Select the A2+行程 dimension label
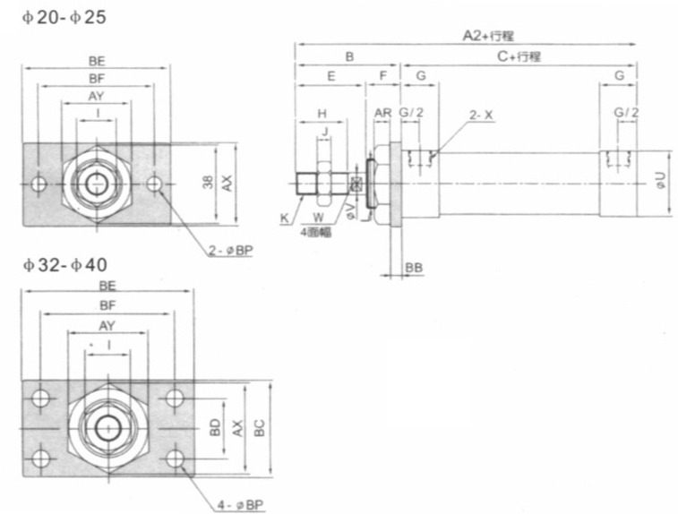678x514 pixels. pyautogui.click(x=487, y=35)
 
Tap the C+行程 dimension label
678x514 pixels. pyautogui.click(x=519, y=56)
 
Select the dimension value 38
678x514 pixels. pyautogui.click(x=207, y=183)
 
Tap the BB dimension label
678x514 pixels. pyautogui.click(x=414, y=268)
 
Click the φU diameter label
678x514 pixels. pyautogui.click(x=660, y=184)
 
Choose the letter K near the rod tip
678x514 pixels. pyautogui.click(x=284, y=218)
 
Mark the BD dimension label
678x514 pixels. pyautogui.click(x=215, y=428)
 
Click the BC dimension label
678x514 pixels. pyautogui.click(x=259, y=428)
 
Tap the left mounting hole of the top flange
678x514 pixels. pyautogui.click(x=38, y=184)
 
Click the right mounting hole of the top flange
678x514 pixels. pyautogui.click(x=155, y=184)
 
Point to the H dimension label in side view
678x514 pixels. pyautogui.click(x=321, y=114)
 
